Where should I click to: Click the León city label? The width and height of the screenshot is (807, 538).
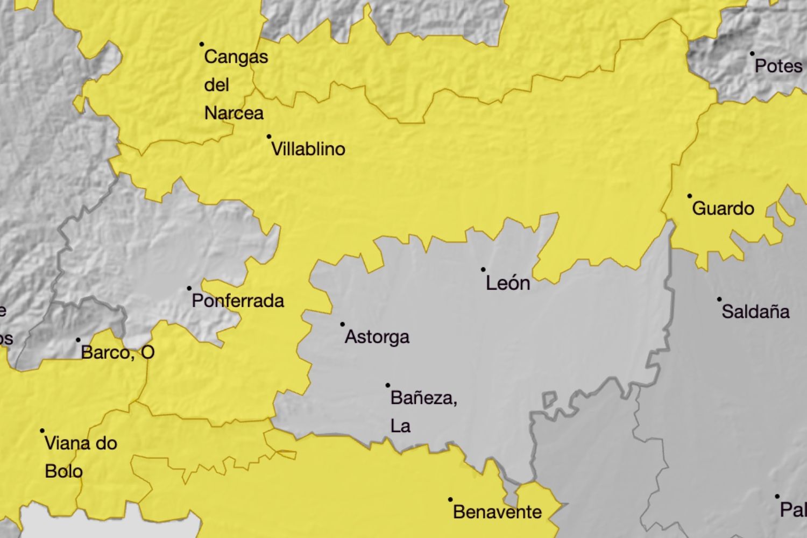[x=508, y=284]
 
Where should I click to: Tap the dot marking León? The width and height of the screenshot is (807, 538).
[x=483, y=270]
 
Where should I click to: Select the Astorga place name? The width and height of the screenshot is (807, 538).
[x=377, y=337]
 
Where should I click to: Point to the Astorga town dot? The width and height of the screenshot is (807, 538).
[x=342, y=324]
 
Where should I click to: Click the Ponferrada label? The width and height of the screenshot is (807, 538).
[x=238, y=301]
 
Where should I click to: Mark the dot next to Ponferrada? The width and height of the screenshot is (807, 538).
[x=189, y=288]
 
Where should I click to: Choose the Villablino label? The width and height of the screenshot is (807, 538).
[x=308, y=149]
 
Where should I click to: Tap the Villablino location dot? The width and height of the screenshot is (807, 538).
[x=269, y=137]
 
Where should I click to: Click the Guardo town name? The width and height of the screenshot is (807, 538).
[x=723, y=209]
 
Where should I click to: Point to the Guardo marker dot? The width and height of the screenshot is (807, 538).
[x=690, y=196]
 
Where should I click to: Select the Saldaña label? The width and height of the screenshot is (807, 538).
[x=755, y=312]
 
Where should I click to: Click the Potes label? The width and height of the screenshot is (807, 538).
[x=778, y=66]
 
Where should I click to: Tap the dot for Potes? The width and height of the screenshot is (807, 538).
[x=752, y=54]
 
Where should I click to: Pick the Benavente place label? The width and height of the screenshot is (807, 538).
[x=498, y=512]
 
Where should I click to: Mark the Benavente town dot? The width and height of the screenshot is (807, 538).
[x=450, y=500]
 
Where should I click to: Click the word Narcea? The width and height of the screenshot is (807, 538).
[x=234, y=113]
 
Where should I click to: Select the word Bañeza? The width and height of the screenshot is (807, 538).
[x=423, y=398]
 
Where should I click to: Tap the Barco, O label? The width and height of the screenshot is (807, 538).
[x=118, y=352]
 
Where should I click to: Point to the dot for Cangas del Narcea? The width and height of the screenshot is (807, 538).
[x=202, y=44]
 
